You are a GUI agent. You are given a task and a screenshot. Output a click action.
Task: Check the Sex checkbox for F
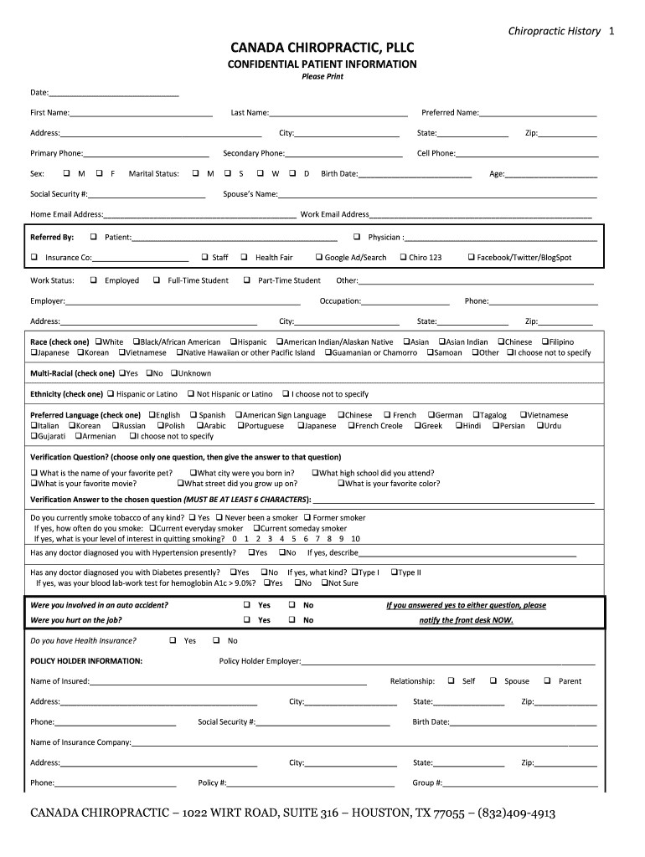(100, 174)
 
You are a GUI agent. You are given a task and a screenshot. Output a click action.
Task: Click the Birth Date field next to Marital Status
(415, 175)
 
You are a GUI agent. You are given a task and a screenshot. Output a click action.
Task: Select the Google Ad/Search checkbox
(319, 258)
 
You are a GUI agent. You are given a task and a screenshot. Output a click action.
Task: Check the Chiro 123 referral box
(403, 258)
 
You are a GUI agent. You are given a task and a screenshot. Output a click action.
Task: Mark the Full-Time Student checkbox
(157, 280)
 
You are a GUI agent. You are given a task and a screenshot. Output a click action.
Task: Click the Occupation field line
(405, 301)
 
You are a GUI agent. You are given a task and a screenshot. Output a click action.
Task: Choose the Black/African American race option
(136, 342)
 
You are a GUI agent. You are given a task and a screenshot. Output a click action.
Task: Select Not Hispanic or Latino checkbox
(191, 394)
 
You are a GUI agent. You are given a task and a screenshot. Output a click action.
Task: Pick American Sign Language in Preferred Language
(238, 415)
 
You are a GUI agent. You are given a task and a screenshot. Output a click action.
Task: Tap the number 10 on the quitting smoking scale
(356, 539)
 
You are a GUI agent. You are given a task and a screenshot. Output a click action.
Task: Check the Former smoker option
(307, 518)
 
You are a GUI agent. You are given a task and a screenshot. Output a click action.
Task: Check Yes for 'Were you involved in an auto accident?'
(247, 605)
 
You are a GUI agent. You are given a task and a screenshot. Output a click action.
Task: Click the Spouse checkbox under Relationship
(493, 681)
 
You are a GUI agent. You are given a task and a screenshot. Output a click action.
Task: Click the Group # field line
(521, 783)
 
